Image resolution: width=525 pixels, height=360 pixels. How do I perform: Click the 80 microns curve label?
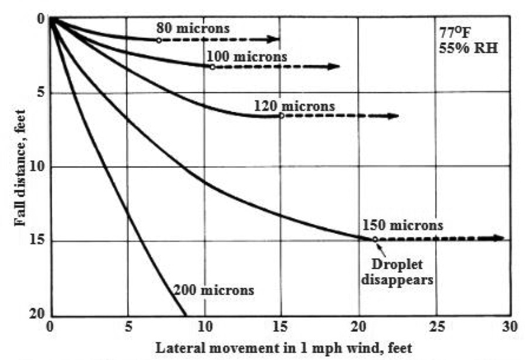coord(193,28)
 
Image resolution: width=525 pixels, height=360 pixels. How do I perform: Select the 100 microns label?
coord(246,57)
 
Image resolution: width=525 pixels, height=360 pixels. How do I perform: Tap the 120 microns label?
coord(294,106)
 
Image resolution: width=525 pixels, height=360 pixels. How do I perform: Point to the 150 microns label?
coord(402,225)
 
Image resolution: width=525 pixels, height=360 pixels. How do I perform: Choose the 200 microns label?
coord(214,290)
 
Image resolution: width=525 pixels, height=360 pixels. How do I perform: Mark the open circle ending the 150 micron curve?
coord(375,239)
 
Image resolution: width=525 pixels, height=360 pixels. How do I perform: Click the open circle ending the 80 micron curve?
coord(158,40)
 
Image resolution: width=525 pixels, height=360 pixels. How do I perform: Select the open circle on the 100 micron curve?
coord(212,67)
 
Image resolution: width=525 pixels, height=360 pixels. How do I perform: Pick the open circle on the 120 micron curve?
coord(282,116)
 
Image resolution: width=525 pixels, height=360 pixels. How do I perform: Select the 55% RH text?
coord(468,48)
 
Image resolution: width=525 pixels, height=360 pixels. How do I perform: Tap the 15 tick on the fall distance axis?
coord(38,241)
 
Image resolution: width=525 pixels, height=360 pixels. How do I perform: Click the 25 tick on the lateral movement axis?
coord(435,327)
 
